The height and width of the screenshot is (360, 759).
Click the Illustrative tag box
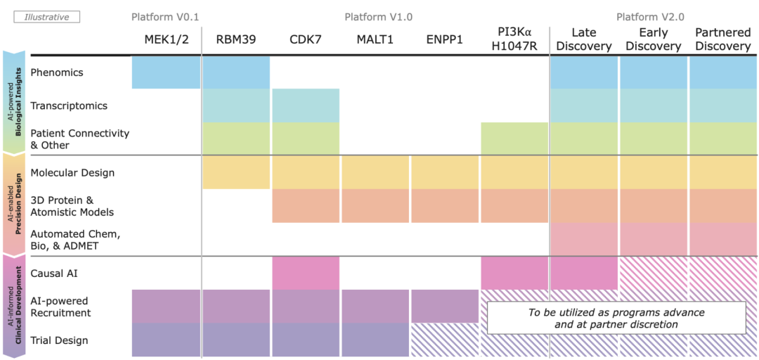click(x=47, y=16)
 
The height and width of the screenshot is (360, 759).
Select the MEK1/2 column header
click(x=165, y=39)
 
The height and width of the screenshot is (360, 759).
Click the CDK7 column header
click(x=305, y=39)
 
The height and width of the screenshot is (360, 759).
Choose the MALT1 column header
click(x=375, y=39)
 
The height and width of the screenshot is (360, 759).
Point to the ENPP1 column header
click(x=444, y=39)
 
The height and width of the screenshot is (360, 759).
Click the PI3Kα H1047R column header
click(x=514, y=39)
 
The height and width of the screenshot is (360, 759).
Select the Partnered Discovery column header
click(x=722, y=39)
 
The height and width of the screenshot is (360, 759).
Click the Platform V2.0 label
click(x=650, y=16)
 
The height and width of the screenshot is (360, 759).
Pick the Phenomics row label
click(x=57, y=72)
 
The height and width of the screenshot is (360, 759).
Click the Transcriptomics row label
click(x=69, y=105)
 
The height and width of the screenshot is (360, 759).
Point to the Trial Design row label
click(x=60, y=340)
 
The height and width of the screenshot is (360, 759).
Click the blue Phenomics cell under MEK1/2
click(x=165, y=72)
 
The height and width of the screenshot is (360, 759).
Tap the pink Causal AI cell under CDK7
click(x=305, y=273)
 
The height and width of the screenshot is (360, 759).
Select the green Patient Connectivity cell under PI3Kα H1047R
click(x=514, y=139)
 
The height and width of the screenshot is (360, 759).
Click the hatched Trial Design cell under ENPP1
click(x=444, y=340)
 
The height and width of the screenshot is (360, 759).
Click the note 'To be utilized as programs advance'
click(x=616, y=318)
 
